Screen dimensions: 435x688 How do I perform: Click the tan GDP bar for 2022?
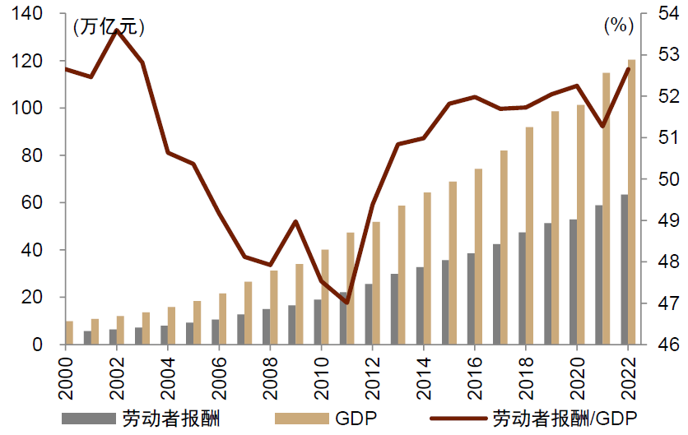pos(631,201)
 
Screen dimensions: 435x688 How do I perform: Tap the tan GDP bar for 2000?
pos(69,332)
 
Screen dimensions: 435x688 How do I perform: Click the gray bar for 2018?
pos(522,288)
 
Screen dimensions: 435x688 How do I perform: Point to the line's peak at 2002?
pos(117,30)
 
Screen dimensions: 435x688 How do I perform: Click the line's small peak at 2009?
pos(295,221)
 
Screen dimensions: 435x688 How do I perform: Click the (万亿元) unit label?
pos(109,27)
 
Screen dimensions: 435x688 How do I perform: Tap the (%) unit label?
pos(619,25)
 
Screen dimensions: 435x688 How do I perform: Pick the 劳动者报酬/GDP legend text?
pos(565,417)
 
